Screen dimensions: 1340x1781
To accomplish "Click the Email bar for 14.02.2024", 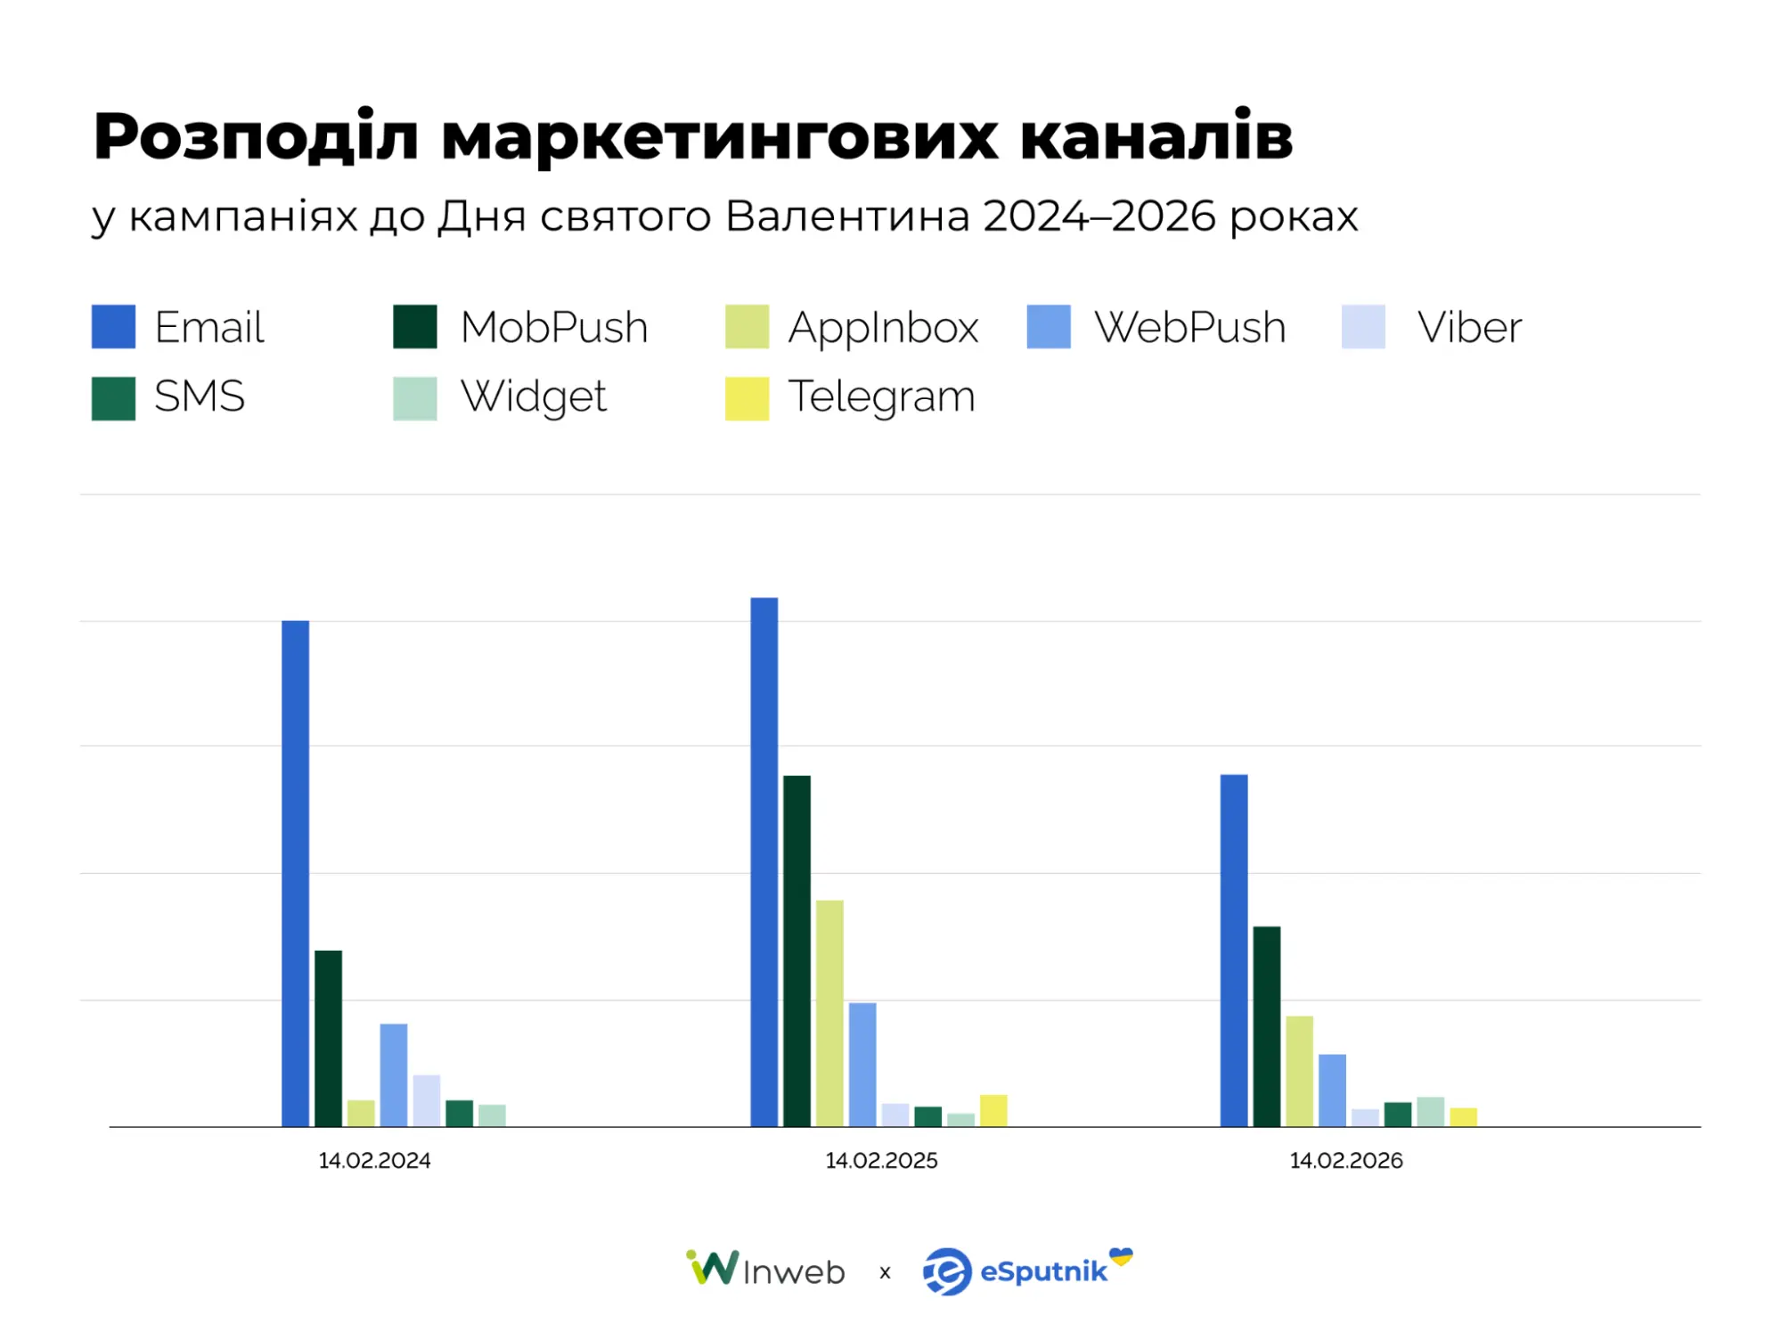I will (295, 873).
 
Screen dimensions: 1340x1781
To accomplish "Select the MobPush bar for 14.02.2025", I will (797, 951).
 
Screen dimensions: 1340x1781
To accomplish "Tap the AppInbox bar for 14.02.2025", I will (829, 1013).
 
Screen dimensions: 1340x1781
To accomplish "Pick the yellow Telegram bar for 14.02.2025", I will (993, 1110).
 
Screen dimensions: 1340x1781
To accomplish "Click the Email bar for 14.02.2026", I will (1234, 951).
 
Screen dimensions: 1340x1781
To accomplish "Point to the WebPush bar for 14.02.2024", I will (394, 1074).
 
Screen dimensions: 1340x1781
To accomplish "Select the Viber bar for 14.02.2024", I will (427, 1100).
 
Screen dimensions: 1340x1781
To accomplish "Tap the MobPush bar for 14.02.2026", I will (1267, 1026).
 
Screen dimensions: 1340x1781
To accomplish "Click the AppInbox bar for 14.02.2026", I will (1300, 1071).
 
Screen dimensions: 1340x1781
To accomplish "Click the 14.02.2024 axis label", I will (374, 1160).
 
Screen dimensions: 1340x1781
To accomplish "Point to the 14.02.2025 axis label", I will (881, 1160).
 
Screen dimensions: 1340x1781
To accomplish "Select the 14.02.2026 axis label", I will (1346, 1160).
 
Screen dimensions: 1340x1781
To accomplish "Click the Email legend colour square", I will (113, 326).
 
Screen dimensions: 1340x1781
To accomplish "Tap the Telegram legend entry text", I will (881, 396).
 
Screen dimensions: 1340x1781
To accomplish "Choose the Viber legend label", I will (1469, 327).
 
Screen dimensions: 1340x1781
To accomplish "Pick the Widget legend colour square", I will (415, 397).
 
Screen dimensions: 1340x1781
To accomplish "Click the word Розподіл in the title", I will (256, 137).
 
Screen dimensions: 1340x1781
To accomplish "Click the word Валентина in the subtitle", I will (847, 216).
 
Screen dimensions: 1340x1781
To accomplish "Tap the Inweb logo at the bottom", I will (766, 1270).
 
